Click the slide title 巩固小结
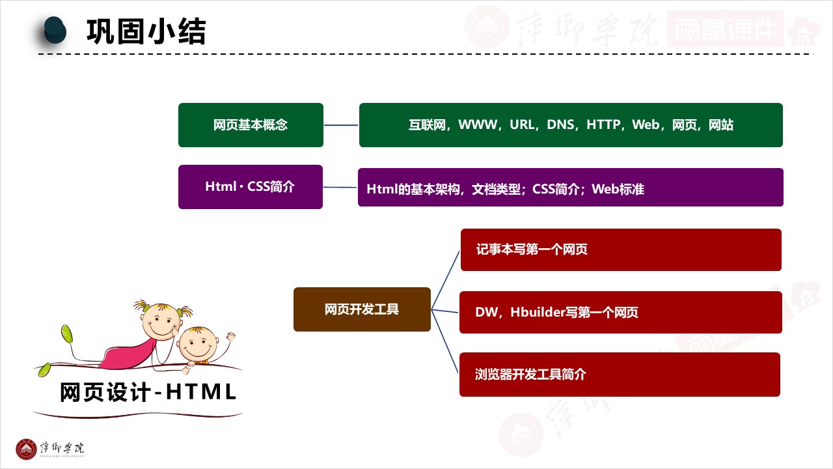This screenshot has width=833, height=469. coord(146,31)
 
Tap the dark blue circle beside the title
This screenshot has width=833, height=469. coord(55,30)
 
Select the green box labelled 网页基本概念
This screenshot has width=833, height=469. coord(251,125)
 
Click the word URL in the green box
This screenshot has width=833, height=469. coord(522,125)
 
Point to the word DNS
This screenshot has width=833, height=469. coord(560,125)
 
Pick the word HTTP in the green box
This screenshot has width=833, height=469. coord(603,125)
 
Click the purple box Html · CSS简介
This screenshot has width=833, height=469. coord(251,187)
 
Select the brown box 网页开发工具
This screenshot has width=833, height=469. coord(362,309)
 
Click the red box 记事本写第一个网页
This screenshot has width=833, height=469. coord(620,249)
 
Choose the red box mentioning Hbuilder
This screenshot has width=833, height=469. coord(620,313)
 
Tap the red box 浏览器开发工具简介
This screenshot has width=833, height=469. coord(620,375)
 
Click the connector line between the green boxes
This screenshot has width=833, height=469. coord(341,125)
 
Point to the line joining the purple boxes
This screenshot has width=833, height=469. coord(340,188)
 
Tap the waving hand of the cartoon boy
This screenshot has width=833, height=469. coord(230,336)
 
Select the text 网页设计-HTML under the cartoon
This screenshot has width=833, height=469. coord(148,393)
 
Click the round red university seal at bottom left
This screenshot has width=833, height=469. coord(27,449)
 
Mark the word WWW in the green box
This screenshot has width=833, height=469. coord(478,125)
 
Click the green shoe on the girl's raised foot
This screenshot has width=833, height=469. coord(66,334)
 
